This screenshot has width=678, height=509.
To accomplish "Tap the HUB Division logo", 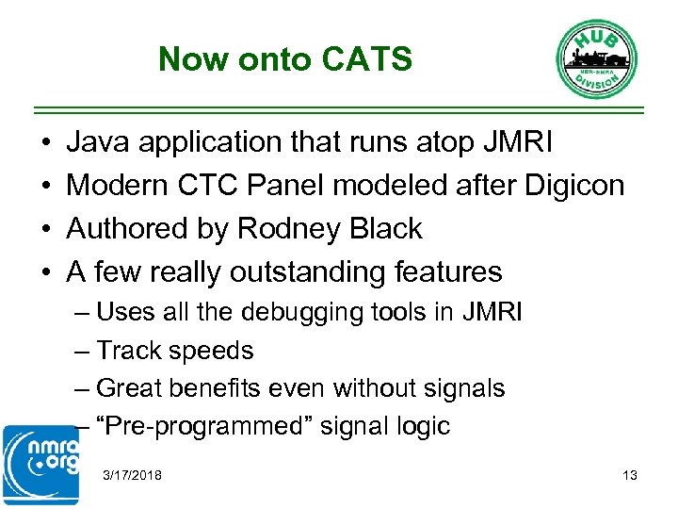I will click(x=595, y=57).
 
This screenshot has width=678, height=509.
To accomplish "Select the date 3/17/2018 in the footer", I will click(x=133, y=475).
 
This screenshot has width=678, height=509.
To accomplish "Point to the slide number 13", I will click(x=630, y=475).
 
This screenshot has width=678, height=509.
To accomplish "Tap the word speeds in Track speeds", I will click(x=218, y=351).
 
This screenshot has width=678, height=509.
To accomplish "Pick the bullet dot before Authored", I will click(x=46, y=229).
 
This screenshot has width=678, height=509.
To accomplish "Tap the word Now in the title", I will click(x=194, y=59).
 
